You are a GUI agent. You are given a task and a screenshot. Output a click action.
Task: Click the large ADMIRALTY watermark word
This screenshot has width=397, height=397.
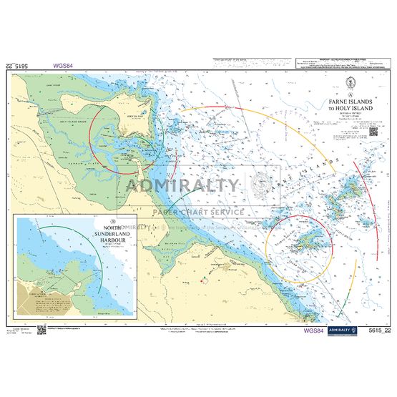[x=183, y=185]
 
